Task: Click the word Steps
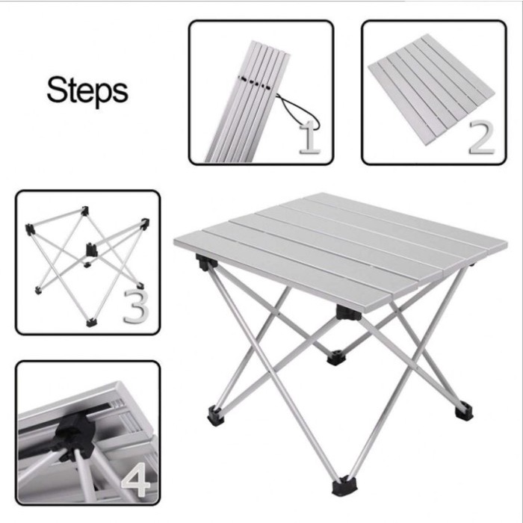coord(87,90)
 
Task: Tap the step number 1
coord(310,137)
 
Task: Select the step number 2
coord(481,137)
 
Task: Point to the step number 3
coord(136,306)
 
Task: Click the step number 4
coord(137,480)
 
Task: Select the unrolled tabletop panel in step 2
coord(432,89)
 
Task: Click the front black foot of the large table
coord(344,486)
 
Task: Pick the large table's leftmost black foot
coord(216,415)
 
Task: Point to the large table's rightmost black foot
coord(464,411)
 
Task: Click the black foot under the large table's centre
coord(336,357)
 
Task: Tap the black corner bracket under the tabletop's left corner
coord(205,261)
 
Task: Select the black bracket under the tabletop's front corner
coord(349,313)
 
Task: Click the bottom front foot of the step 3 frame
coord(91,323)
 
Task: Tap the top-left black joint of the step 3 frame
coord(30,229)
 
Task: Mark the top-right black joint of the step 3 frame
coord(145,223)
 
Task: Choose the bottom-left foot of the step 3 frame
coord(38,291)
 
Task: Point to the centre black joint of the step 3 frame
coord(91,250)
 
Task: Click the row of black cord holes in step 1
coord(256,83)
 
